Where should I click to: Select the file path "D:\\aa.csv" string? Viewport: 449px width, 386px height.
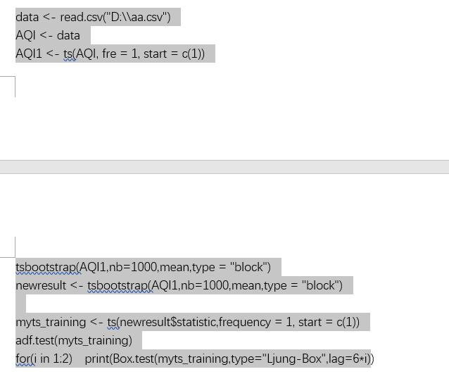tap(137, 17)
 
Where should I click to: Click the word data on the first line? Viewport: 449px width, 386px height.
tap(27, 17)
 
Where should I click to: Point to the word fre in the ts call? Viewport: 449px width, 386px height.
tap(109, 54)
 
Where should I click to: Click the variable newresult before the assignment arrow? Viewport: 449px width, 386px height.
tap(41, 285)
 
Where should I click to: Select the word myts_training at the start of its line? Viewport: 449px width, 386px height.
tap(51, 323)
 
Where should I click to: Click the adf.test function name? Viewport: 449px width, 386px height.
tap(35, 341)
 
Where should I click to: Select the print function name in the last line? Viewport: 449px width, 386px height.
tap(97, 359)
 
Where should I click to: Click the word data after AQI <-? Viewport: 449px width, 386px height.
tap(68, 35)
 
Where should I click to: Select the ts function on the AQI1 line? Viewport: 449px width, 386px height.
tap(68, 54)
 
